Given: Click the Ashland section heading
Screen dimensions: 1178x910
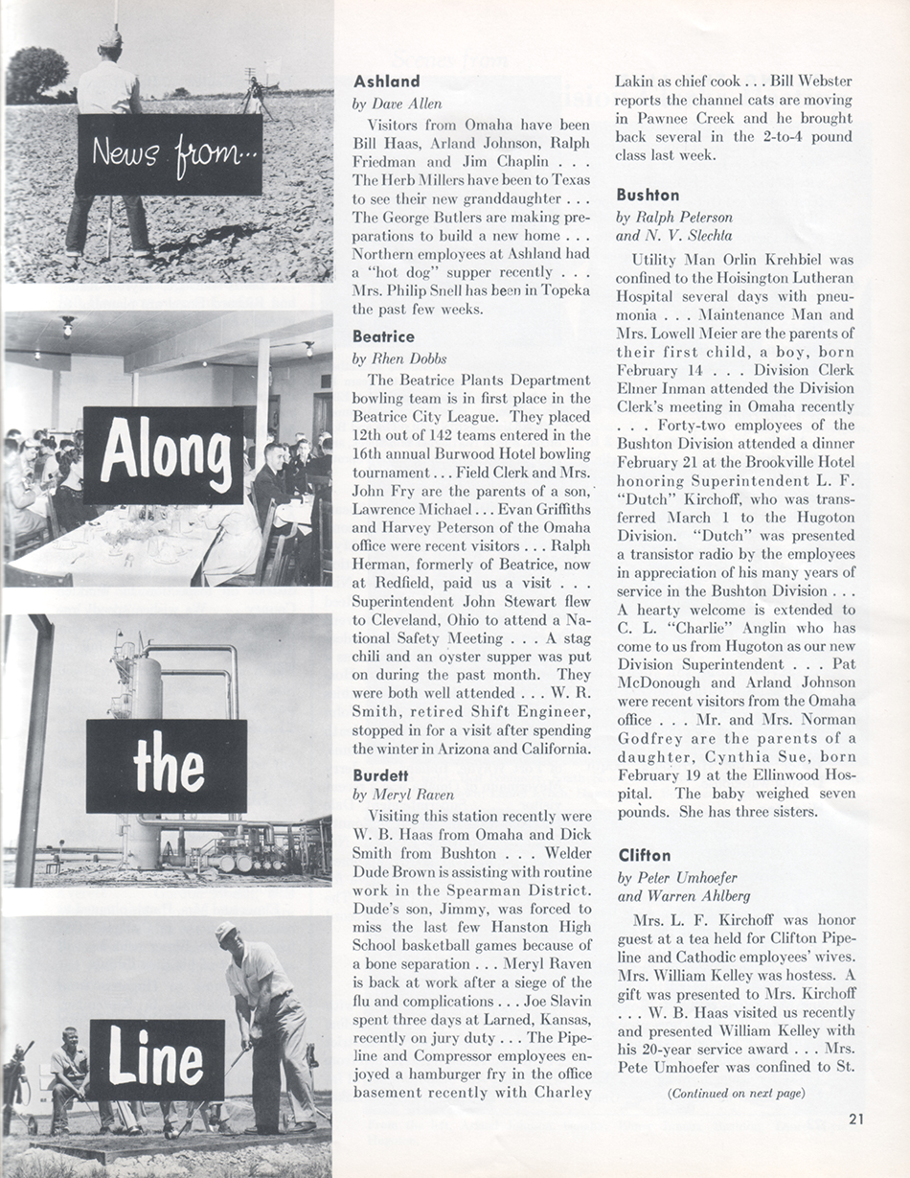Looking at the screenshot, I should pos(386,81).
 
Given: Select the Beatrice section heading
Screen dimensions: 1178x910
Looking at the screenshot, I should pos(383,336).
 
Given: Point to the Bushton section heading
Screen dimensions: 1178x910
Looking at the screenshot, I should pos(648,195).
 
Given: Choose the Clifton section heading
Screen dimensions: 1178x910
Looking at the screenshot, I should pos(645,855).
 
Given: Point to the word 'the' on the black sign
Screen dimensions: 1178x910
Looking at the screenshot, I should pos(168,767).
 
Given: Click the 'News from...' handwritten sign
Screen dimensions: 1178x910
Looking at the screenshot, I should pos(170,154).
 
